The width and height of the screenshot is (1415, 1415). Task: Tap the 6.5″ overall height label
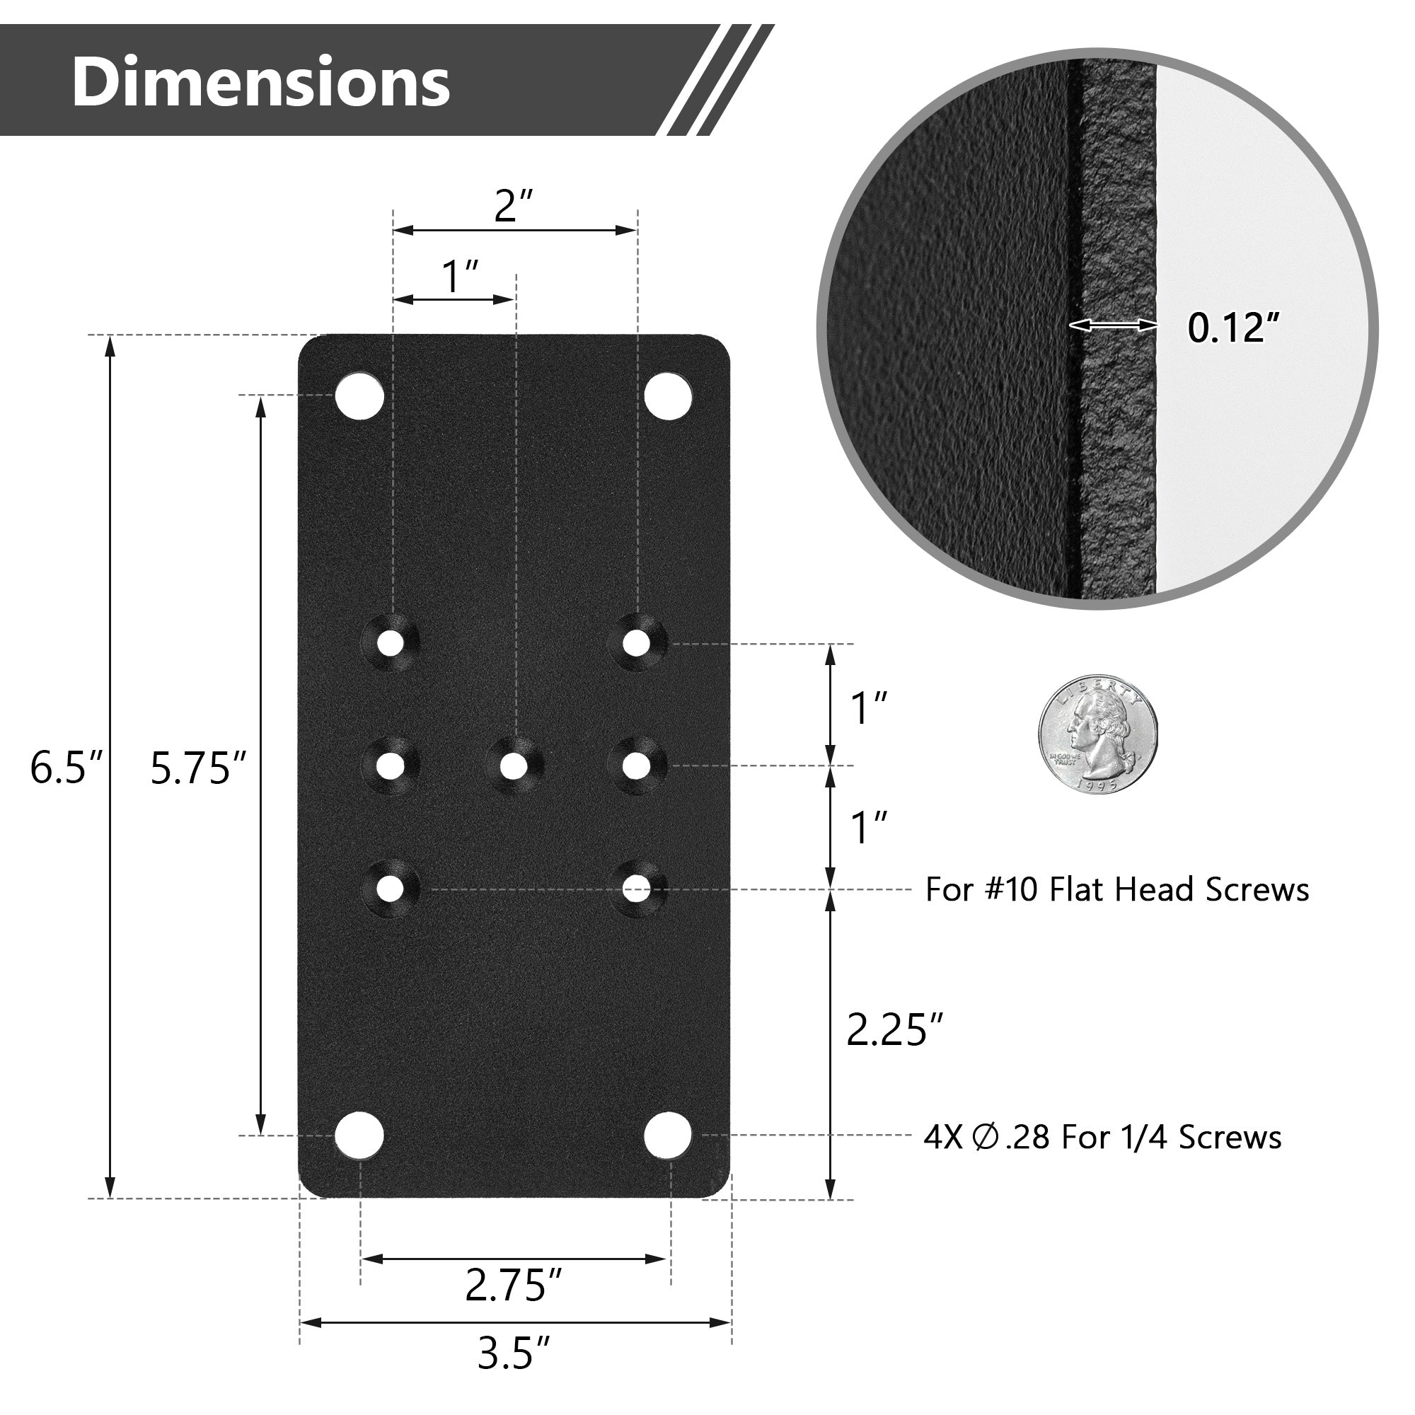(67, 768)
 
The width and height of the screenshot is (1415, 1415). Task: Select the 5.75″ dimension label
(199, 768)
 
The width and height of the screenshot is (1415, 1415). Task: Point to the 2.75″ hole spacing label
(514, 1284)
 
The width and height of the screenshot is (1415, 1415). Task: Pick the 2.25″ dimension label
(894, 1029)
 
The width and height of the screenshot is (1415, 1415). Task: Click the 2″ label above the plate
(514, 206)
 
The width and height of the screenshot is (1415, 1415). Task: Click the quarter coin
(1098, 734)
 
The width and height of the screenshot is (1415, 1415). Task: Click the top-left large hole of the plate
(359, 395)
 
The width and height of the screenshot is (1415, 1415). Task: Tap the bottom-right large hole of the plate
(668, 1136)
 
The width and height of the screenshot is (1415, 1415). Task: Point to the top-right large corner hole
(668, 395)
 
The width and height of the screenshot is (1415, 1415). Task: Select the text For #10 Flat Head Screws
(1117, 889)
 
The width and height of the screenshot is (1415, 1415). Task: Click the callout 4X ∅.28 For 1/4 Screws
(1102, 1137)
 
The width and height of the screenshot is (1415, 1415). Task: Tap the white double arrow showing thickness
(1113, 325)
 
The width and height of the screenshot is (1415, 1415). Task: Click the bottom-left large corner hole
(359, 1136)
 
